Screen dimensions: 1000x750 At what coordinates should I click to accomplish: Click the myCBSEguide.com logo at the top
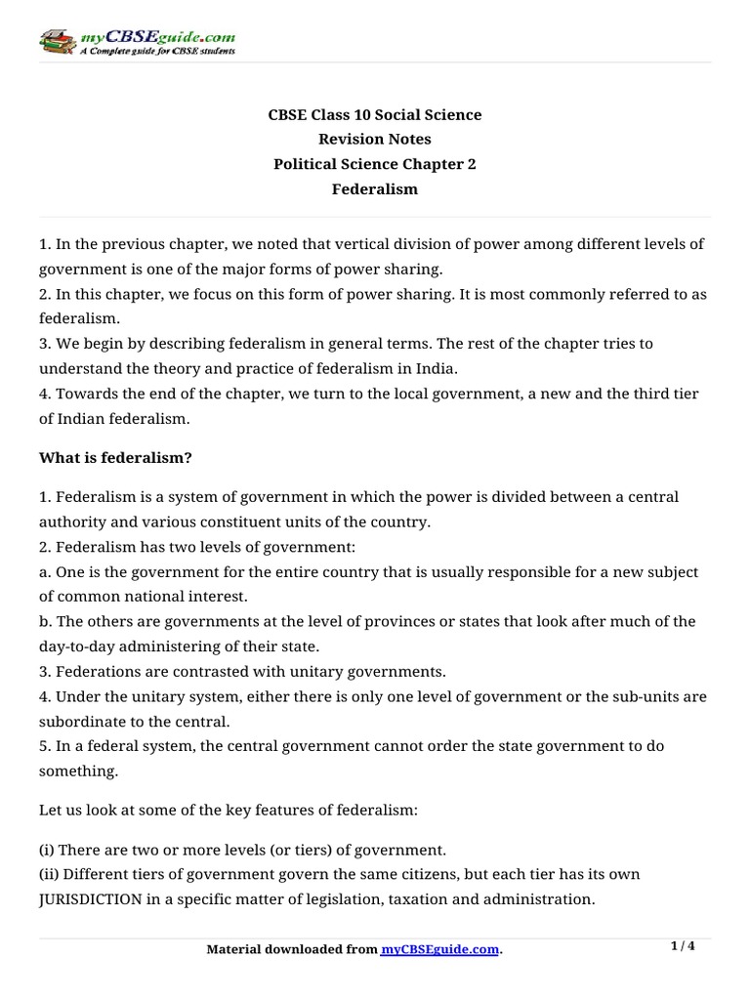(137, 41)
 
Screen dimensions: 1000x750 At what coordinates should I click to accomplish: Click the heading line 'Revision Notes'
(375, 140)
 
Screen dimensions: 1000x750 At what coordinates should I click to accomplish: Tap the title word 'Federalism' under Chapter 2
(375, 189)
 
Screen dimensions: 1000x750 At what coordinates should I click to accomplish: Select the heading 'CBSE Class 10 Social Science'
(375, 115)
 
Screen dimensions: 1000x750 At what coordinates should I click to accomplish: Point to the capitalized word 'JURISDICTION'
(91, 899)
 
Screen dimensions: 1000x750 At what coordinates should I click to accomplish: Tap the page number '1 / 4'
(684, 946)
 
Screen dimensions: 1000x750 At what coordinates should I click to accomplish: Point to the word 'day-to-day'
(74, 646)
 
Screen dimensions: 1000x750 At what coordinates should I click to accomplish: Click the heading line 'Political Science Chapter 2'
(375, 165)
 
